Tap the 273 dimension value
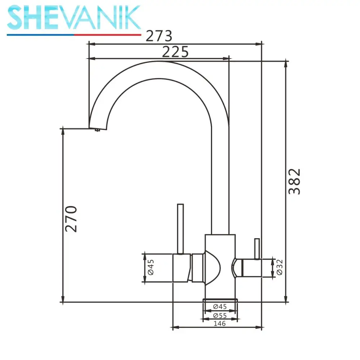pyautogui.click(x=159, y=36)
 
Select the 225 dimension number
pyautogui.click(x=175, y=52)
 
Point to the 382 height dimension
pyautogui.click(x=294, y=181)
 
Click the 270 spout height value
pyautogui.click(x=71, y=219)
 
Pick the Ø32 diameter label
pyautogui.click(x=279, y=267)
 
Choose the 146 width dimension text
pyautogui.click(x=220, y=324)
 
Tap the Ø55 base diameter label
pyautogui.click(x=220, y=315)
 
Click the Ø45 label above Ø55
pyautogui.click(x=220, y=306)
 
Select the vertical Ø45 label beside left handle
pyautogui.click(x=151, y=267)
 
